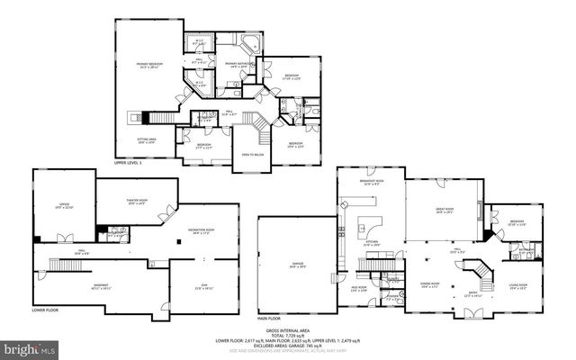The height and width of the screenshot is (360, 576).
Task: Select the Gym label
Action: [x=203, y=287]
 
